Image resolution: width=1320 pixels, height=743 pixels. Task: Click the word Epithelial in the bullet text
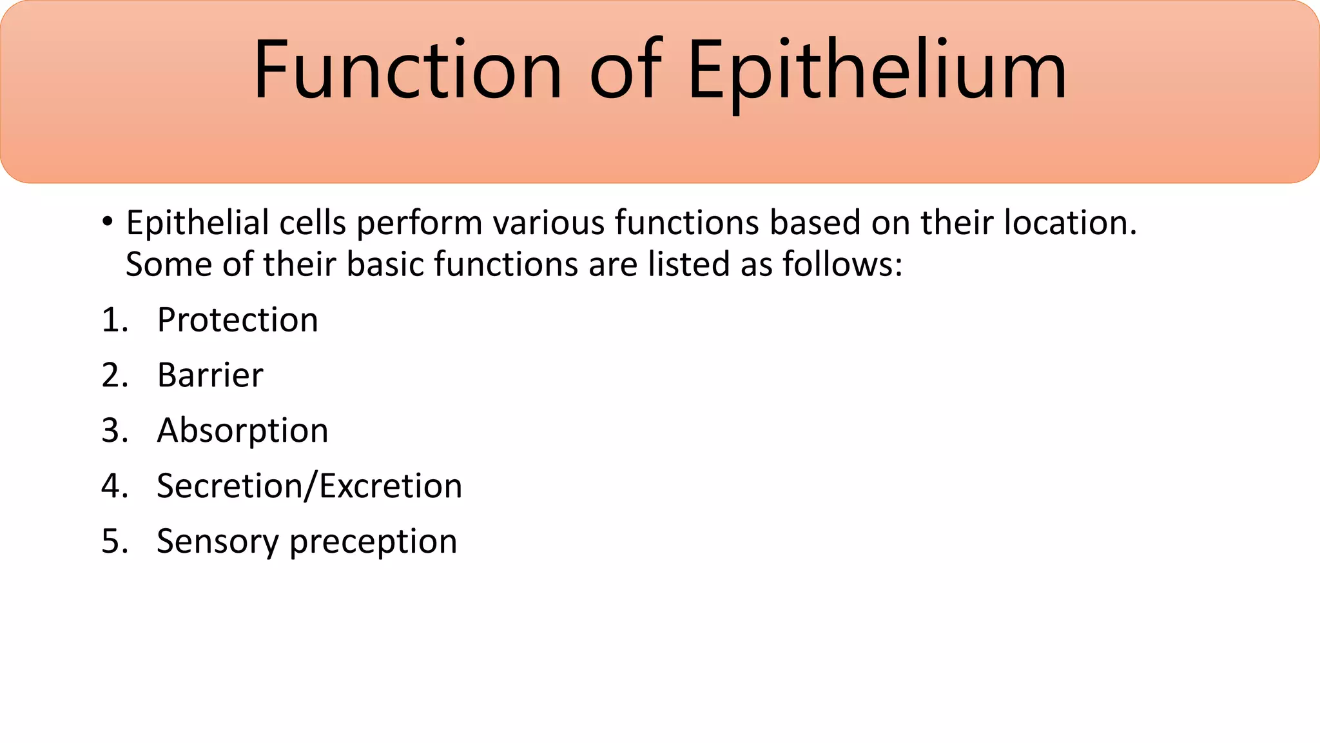(x=197, y=223)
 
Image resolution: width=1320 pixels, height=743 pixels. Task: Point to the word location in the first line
(x=1070, y=223)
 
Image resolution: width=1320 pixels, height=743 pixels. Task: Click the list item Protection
(x=237, y=320)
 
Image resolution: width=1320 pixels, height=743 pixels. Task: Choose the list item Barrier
(x=210, y=375)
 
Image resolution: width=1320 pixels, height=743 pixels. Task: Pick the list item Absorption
(x=242, y=431)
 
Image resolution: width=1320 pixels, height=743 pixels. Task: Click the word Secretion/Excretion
(x=309, y=486)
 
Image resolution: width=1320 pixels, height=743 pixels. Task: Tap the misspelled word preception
(x=373, y=542)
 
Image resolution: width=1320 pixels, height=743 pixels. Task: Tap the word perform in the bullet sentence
(x=419, y=223)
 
